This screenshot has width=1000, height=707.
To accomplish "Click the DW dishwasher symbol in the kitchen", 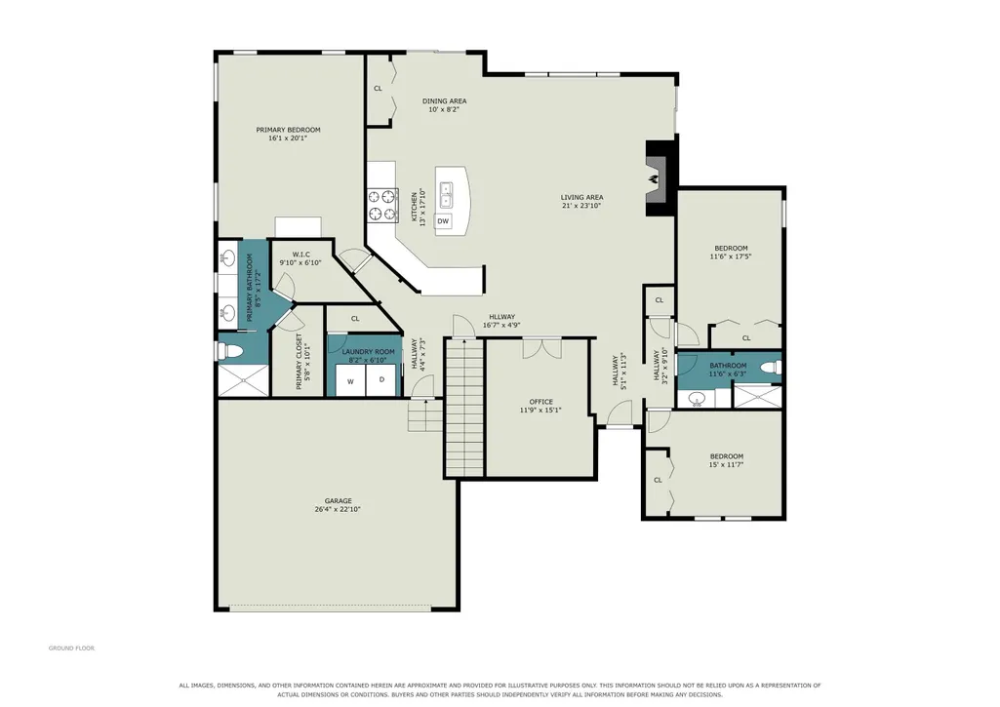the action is (x=443, y=221).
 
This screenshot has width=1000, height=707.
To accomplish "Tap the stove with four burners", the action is (x=382, y=206).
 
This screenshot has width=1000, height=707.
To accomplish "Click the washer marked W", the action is (x=350, y=381).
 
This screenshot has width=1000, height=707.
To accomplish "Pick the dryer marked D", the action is (x=382, y=380).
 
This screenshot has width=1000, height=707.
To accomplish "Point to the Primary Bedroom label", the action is (x=288, y=130).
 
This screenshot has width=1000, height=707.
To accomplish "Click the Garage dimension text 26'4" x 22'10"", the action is (x=338, y=509).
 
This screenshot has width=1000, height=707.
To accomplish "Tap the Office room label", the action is (x=540, y=402).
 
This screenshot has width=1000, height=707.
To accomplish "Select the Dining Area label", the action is (x=445, y=100).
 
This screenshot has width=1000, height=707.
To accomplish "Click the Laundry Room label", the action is (x=368, y=352).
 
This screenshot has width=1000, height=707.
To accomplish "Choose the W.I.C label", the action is (x=301, y=255).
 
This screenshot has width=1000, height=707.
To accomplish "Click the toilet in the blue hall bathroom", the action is (x=772, y=368).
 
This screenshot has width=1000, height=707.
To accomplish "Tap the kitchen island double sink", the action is (x=446, y=194).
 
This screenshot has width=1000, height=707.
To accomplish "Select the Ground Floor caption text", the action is (x=71, y=648).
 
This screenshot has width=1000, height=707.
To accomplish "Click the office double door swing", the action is (x=542, y=349).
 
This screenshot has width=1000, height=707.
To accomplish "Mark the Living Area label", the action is (x=581, y=198).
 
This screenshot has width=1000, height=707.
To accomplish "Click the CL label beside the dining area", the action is (x=378, y=89).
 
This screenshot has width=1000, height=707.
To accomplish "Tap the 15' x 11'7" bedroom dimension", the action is (x=727, y=465).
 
